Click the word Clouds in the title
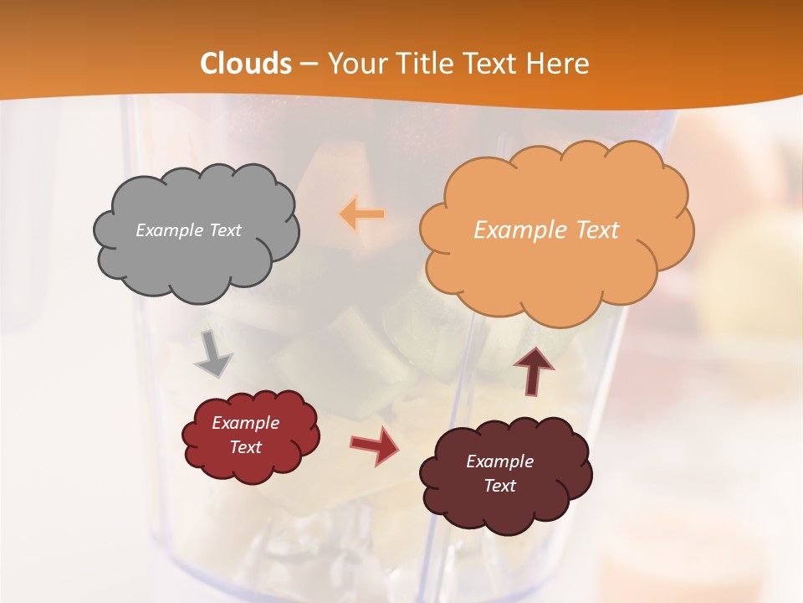coord(246,64)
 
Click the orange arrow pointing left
coord(362,214)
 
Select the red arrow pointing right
coord(375,446)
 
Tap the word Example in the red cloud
coord(245,423)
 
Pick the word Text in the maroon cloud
coord(500,486)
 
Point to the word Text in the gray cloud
coord(225,230)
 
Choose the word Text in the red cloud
coord(245,447)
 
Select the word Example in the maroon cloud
coord(499,461)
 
